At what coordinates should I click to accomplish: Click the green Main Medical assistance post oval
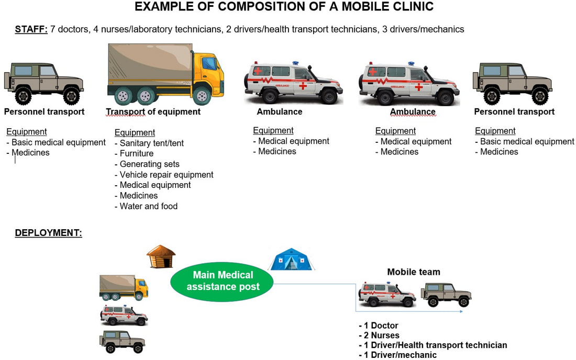(x=222, y=282)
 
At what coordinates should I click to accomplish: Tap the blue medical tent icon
(x=291, y=259)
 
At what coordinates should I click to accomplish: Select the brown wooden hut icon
(x=161, y=256)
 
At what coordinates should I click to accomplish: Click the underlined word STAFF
(x=31, y=29)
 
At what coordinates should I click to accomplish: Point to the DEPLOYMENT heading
(x=49, y=233)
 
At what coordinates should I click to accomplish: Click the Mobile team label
(x=414, y=272)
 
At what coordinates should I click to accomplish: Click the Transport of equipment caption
(x=153, y=111)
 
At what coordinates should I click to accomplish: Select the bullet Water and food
(x=146, y=206)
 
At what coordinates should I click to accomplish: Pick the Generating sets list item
(x=147, y=164)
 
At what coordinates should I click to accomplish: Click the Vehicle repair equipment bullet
(x=164, y=175)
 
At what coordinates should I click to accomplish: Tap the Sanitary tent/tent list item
(x=149, y=143)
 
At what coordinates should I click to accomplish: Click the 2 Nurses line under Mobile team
(x=379, y=335)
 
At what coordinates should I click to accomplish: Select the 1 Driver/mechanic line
(x=398, y=355)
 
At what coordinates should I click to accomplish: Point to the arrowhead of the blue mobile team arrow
(x=461, y=311)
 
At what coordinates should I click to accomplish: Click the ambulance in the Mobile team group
(x=387, y=294)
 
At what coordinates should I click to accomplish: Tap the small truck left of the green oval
(x=124, y=288)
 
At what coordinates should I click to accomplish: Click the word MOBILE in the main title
(x=350, y=7)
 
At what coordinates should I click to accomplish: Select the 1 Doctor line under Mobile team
(x=379, y=325)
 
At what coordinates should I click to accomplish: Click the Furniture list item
(x=134, y=153)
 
